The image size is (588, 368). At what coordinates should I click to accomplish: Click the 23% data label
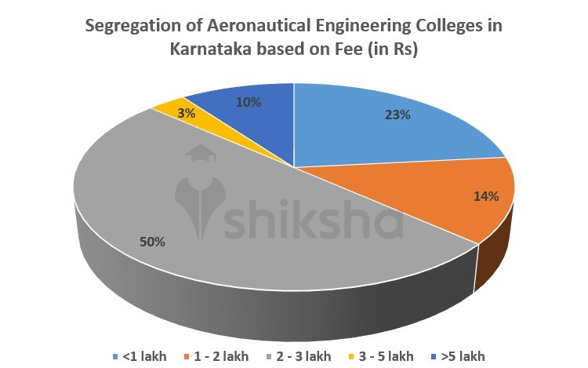tap(397, 114)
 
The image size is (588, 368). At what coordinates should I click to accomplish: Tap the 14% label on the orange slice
tap(486, 196)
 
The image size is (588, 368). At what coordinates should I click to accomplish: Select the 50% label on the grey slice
tap(153, 242)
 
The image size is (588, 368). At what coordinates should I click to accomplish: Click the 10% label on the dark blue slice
tap(249, 102)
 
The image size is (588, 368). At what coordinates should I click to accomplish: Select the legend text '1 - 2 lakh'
tap(222, 355)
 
